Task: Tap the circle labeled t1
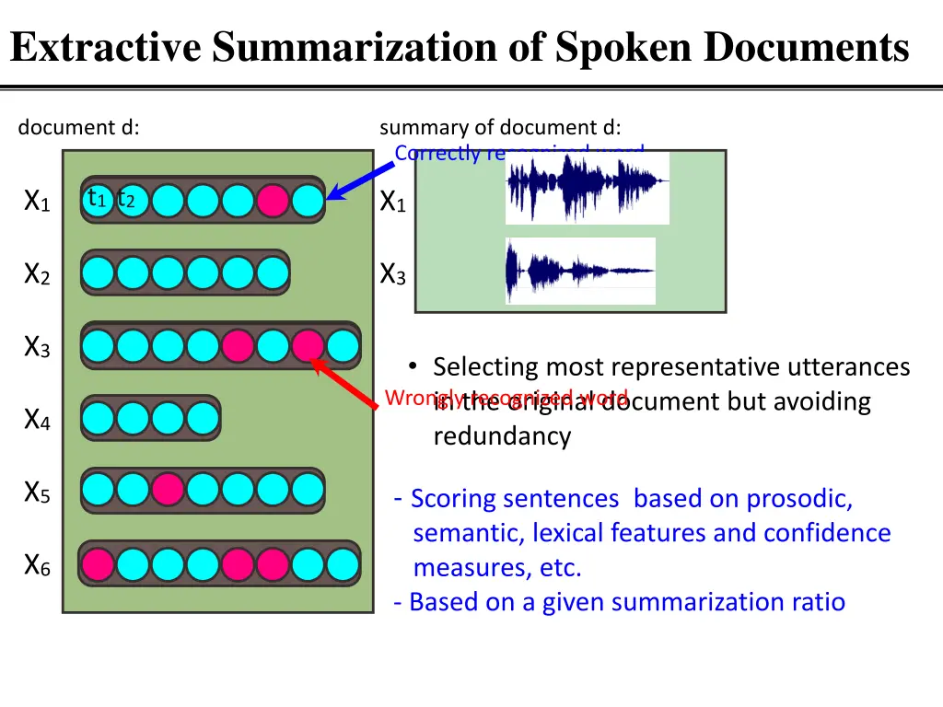[98, 200]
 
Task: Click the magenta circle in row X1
[273, 200]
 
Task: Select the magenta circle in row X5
[168, 490]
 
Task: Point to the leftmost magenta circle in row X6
[98, 563]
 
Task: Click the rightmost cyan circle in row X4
[203, 419]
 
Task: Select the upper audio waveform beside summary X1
[587, 188]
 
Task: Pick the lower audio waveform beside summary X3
[580, 271]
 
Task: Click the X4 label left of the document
[37, 421]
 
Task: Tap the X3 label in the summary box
[393, 274]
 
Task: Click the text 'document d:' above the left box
[78, 128]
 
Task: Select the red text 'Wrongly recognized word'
[506, 398]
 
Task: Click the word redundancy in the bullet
[502, 435]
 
